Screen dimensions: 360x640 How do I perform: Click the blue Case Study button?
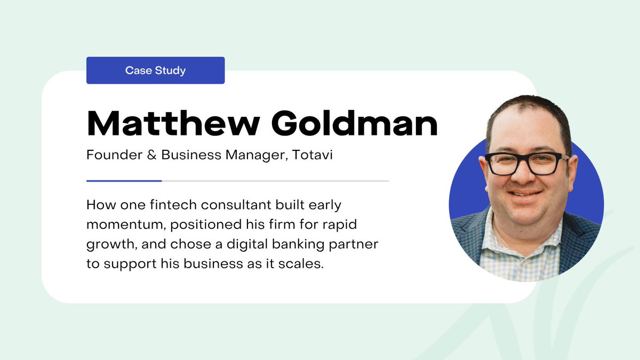155,70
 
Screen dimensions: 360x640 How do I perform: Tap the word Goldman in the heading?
354,124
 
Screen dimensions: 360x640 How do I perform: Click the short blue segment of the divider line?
124,181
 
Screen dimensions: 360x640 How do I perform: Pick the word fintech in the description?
174,205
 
